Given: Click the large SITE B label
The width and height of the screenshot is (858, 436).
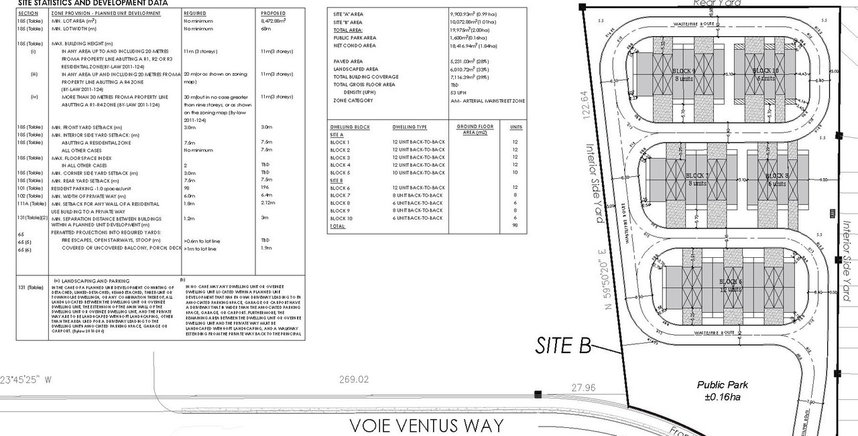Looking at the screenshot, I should [562, 345].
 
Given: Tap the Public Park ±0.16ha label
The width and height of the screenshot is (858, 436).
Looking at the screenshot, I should [723, 390].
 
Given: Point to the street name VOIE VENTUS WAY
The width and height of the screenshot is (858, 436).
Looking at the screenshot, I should [426, 425].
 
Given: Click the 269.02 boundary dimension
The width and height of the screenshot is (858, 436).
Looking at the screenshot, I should [354, 380].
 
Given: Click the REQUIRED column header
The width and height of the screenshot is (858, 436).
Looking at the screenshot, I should [195, 13].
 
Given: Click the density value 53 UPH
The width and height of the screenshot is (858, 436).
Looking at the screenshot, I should [459, 92].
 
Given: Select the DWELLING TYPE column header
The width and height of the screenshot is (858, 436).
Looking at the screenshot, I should [410, 127].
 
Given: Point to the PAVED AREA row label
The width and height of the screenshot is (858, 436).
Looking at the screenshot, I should [348, 62].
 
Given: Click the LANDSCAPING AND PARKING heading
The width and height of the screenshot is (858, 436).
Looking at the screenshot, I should [91, 281].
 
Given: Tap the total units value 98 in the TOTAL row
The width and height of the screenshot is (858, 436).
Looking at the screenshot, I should [515, 226].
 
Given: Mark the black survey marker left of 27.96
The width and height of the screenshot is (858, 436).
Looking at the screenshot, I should [537, 394].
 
